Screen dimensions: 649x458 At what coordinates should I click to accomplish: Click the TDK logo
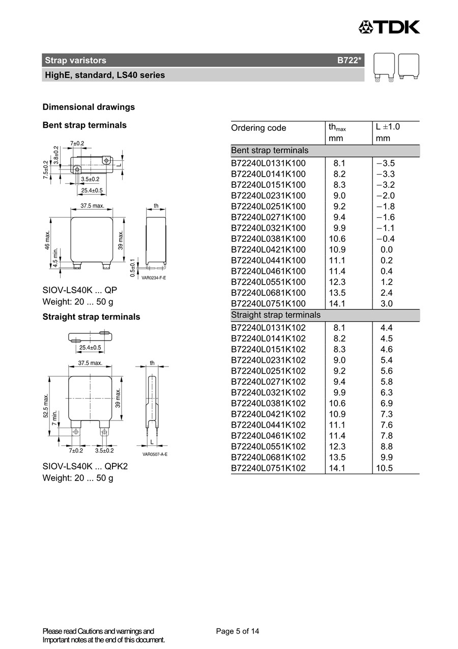pos(389,26)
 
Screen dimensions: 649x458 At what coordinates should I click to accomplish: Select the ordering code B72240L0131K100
pos(268,163)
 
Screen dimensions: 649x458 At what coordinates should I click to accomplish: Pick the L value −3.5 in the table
pos(385,163)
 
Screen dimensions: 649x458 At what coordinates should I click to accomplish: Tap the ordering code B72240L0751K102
pos(268,468)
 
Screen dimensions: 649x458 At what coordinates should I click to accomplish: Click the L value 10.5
pos(384,468)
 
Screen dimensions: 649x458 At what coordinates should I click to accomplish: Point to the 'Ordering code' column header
pos(259,128)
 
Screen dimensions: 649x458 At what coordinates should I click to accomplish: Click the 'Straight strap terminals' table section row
pos(276,315)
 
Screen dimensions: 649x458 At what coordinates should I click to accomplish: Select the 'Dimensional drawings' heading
pos(89,107)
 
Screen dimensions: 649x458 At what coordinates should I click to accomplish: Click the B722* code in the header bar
pos(349,61)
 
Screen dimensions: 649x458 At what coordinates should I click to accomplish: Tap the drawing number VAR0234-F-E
pos(154,277)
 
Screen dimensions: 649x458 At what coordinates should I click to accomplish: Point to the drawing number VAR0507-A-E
pos(155,454)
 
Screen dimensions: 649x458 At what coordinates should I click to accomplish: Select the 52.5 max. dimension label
pos(46,405)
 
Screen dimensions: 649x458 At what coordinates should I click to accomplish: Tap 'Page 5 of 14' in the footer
pos(237,632)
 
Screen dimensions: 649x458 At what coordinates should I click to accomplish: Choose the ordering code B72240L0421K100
pos(268,249)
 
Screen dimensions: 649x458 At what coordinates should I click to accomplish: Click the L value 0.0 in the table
pos(387,249)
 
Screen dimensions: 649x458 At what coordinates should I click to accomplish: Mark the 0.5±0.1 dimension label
pos(133,267)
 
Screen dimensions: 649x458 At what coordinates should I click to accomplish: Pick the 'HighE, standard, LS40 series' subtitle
pos(105,75)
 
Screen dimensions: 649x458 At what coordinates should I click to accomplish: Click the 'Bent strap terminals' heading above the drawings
pos(84,125)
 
